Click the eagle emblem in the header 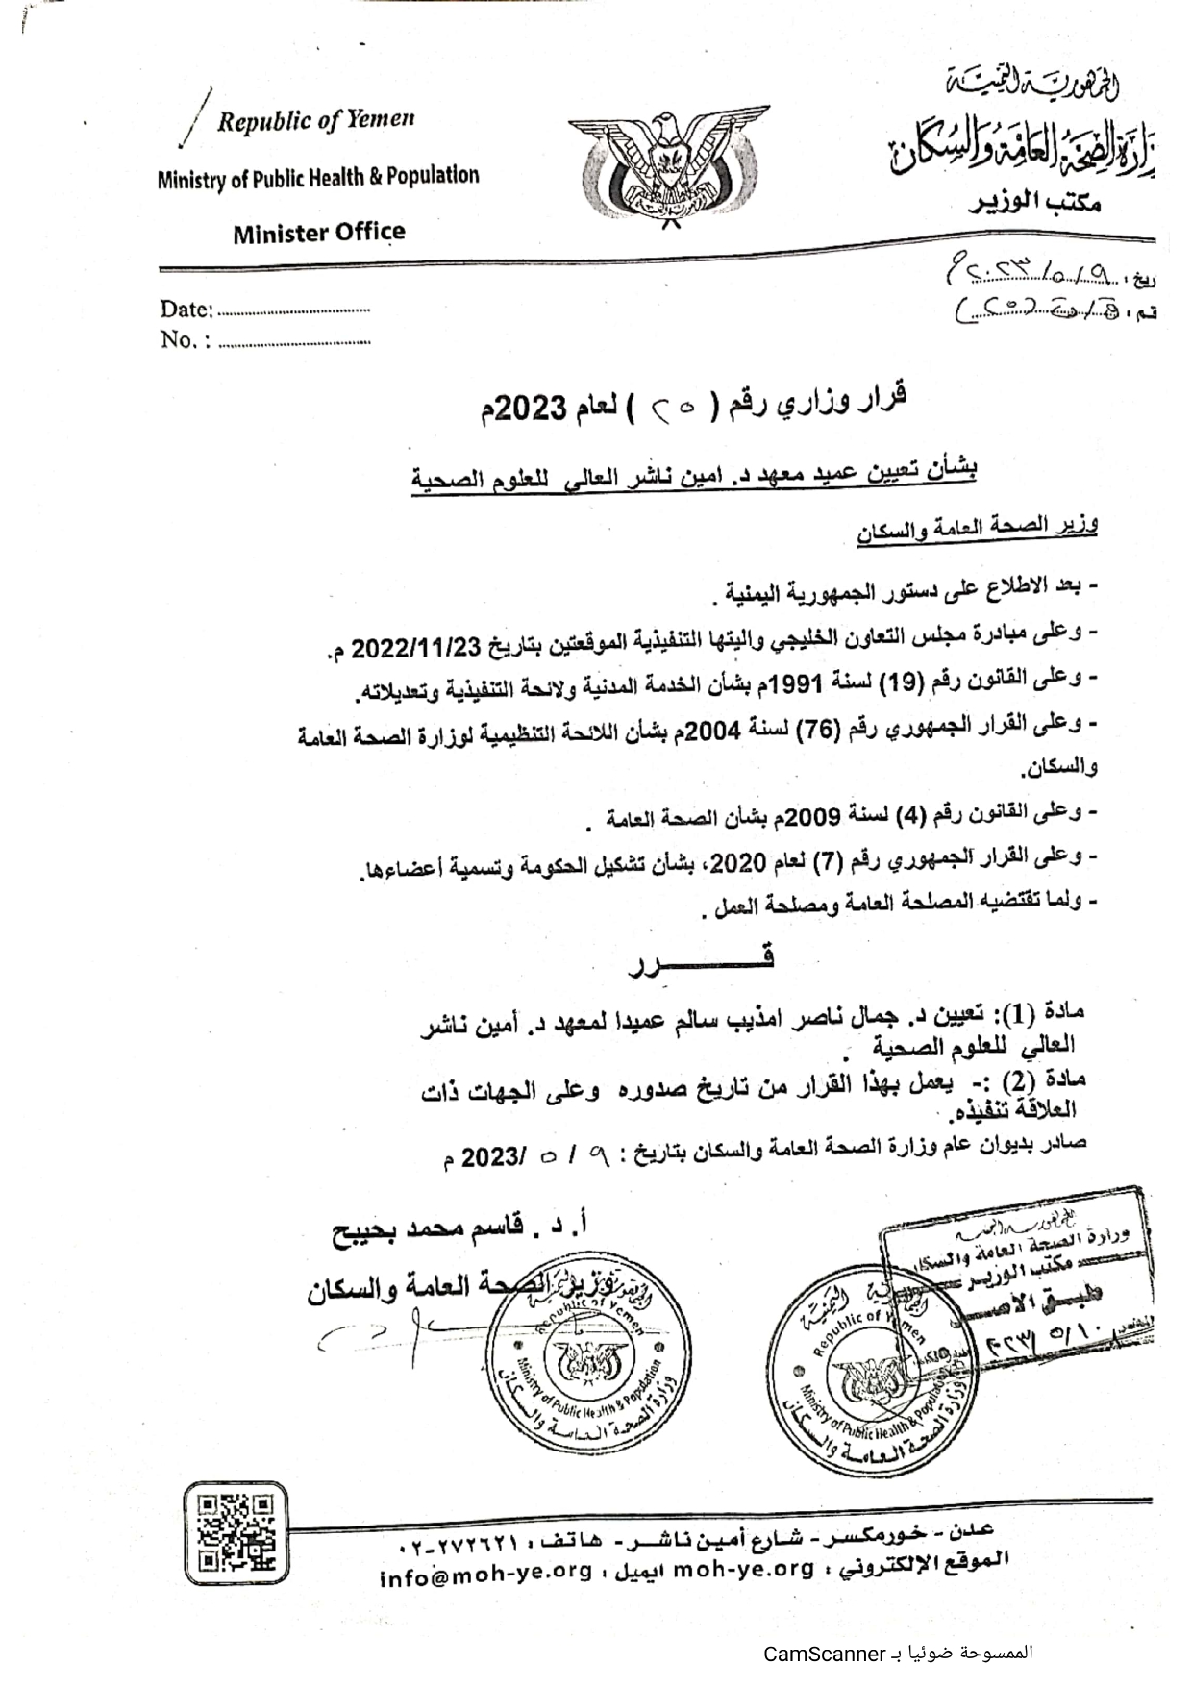pos(668,165)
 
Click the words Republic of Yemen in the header pos(315,120)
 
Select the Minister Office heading pos(318,232)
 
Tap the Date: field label pos(186,310)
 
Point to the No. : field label pos(185,340)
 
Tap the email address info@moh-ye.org pos(484,1578)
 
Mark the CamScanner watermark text pos(898,1654)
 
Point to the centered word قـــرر pos(701,959)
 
